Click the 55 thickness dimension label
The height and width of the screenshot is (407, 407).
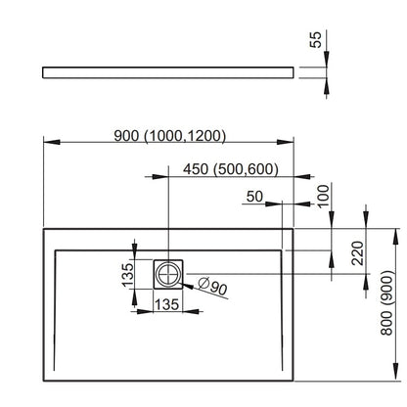[315, 40]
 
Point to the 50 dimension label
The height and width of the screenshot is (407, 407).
[254, 197]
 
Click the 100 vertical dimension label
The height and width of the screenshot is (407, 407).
[324, 196]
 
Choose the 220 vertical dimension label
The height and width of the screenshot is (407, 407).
[357, 252]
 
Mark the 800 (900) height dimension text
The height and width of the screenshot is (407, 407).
[386, 302]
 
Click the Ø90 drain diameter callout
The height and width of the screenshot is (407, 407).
[212, 286]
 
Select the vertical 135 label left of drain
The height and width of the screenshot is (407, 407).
[128, 275]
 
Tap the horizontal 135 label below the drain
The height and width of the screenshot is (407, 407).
[166, 304]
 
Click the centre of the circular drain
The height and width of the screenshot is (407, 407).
[168, 274]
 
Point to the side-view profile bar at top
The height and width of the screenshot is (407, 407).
[168, 72]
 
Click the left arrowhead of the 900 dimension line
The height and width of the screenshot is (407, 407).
[52, 142]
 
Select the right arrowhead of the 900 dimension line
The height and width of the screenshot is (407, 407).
[286, 142]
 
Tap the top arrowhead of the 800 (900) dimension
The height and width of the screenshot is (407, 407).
[396, 237]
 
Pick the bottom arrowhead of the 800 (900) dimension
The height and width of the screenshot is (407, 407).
[396, 372]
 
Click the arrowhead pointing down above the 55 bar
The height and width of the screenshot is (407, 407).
[327, 59]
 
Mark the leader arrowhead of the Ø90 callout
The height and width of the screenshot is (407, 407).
[188, 287]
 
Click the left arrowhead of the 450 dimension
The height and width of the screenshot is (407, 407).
[160, 177]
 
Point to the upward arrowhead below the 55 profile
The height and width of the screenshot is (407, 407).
[327, 86]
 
